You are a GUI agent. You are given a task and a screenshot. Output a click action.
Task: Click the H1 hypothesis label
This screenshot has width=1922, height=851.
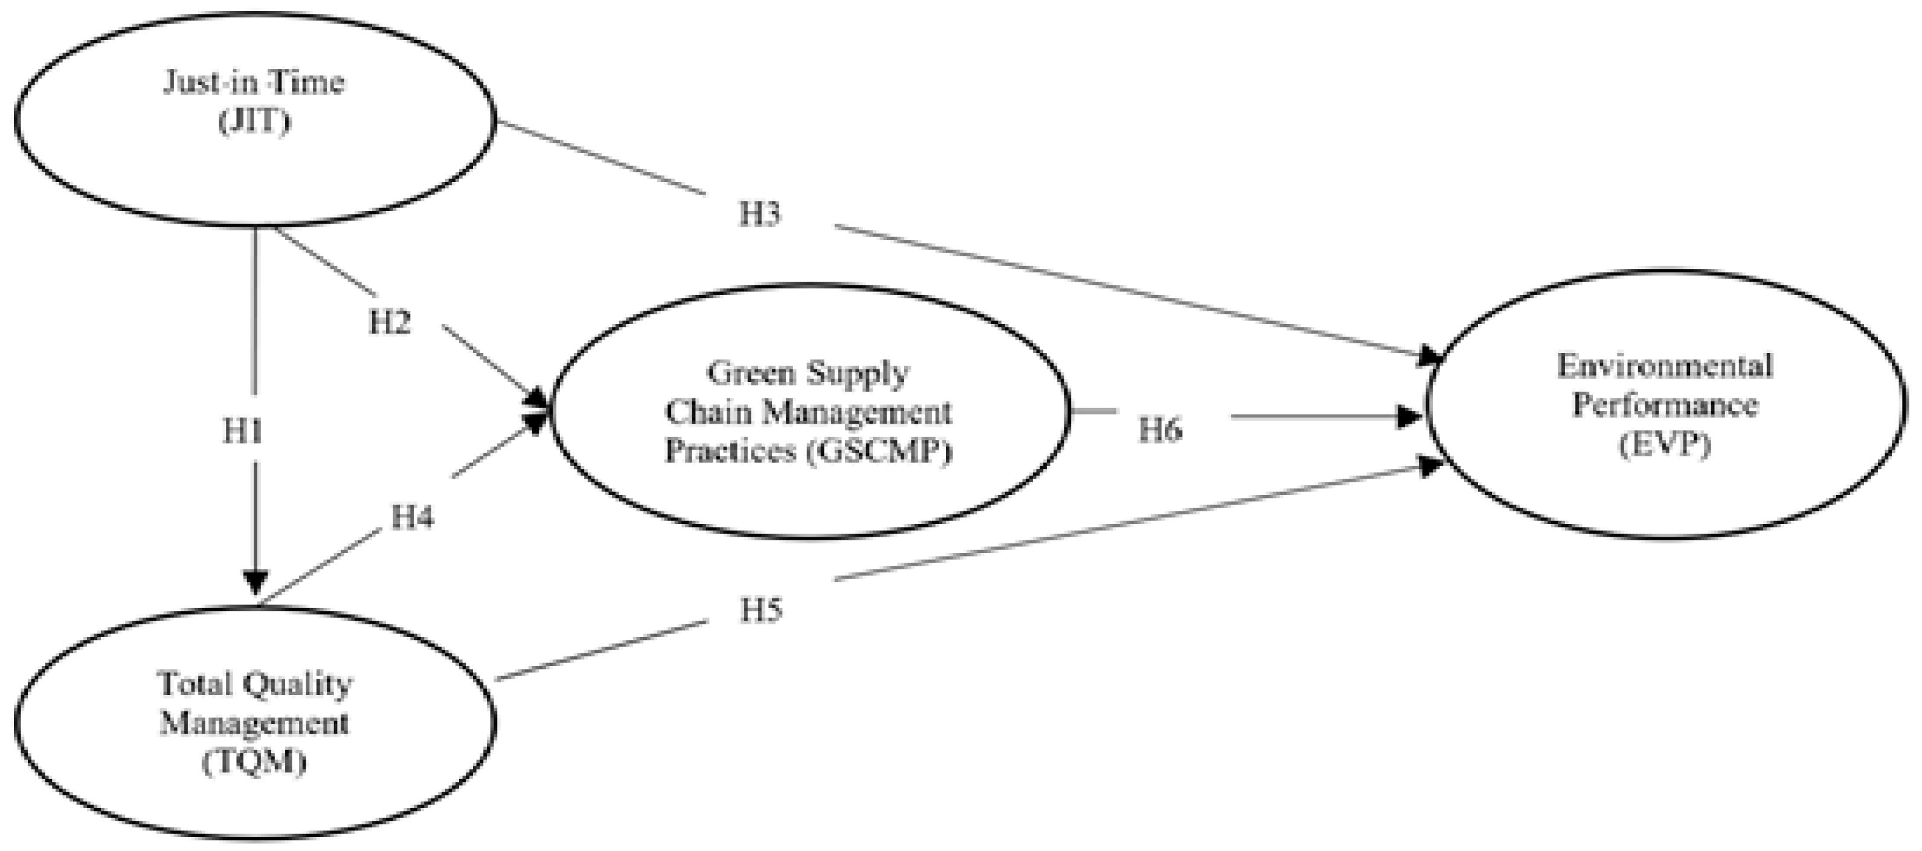click(x=242, y=432)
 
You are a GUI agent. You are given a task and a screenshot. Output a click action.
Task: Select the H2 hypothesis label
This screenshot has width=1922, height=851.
click(x=390, y=323)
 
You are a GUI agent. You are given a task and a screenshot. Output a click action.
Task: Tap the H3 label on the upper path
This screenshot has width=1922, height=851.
click(x=759, y=214)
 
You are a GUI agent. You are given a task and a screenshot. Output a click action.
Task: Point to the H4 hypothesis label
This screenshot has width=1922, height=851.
click(x=412, y=517)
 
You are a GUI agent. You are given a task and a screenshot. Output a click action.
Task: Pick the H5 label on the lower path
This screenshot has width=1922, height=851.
click(x=760, y=610)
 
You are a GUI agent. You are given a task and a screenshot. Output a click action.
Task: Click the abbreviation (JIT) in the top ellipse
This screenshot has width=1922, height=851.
click(x=254, y=121)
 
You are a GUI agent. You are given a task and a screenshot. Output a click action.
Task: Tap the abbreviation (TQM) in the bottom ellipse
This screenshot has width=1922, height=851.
click(x=254, y=762)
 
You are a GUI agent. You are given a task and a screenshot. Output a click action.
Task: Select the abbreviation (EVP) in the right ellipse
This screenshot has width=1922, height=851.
click(x=1665, y=445)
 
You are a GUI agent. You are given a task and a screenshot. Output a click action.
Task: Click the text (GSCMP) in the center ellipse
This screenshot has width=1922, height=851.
click(x=879, y=451)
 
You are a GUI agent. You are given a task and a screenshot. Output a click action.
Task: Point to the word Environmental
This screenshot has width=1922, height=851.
click(x=1665, y=366)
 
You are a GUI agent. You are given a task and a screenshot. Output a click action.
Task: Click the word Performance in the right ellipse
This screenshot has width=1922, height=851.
click(x=1665, y=406)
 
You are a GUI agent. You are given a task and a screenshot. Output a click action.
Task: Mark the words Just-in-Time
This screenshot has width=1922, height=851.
click(x=254, y=82)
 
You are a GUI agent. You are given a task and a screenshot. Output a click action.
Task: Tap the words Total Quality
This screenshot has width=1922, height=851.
click(x=254, y=683)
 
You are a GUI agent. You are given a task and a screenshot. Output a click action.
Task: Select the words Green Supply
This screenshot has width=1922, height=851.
click(x=808, y=372)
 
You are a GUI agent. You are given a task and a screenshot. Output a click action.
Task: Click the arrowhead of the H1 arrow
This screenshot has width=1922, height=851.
click(x=255, y=581)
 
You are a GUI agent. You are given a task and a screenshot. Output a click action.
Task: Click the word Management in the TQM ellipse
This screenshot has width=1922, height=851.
click(x=254, y=723)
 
